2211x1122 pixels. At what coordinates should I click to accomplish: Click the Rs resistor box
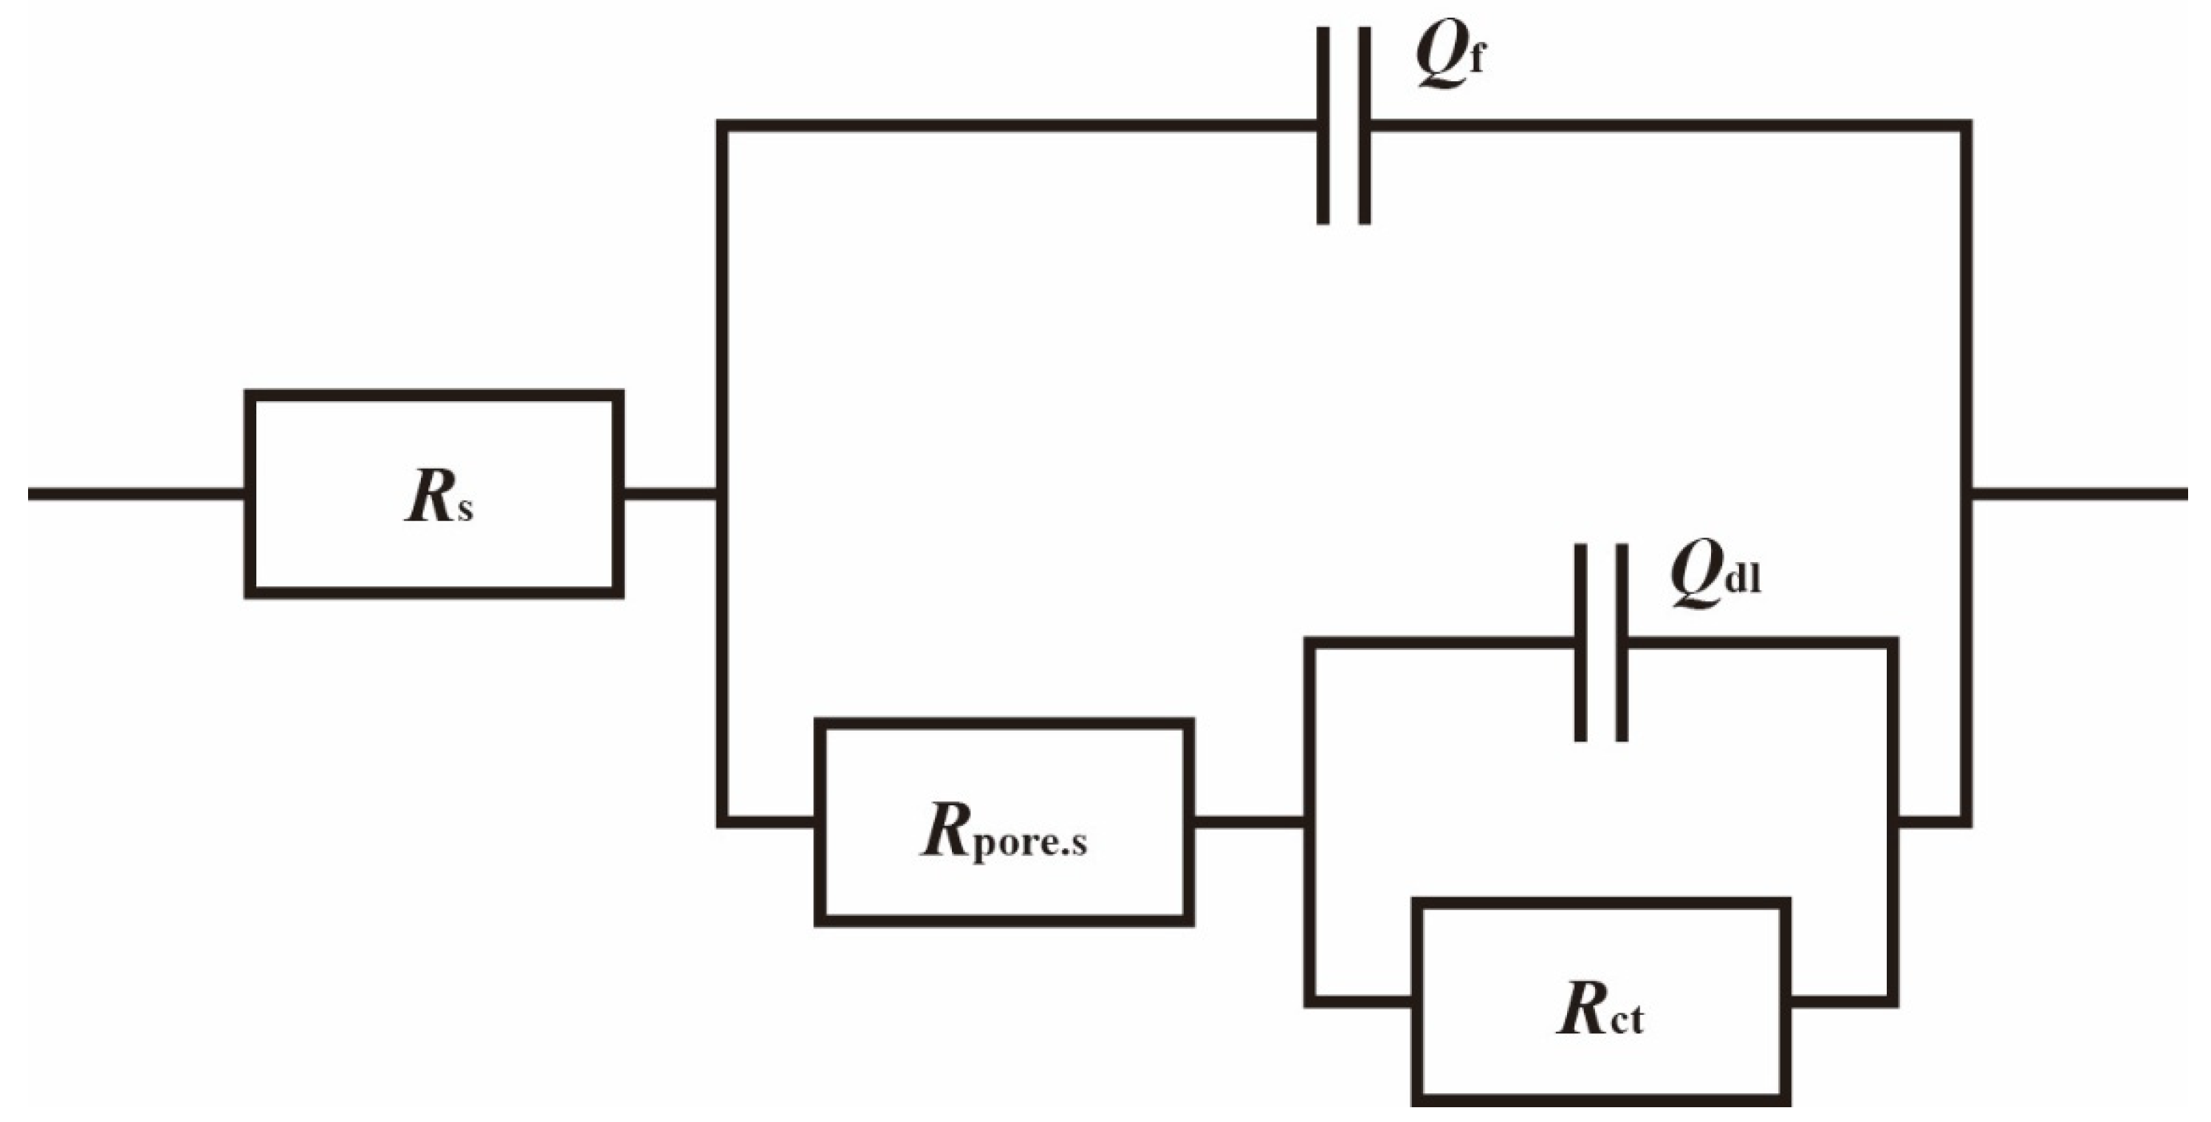click(433, 493)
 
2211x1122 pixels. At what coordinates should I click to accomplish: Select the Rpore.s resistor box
click(1004, 821)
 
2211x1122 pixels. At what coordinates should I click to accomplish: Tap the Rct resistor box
click(1601, 1000)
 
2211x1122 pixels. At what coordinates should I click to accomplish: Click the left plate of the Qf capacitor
click(1323, 126)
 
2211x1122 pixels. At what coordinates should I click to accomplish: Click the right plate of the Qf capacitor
click(1365, 126)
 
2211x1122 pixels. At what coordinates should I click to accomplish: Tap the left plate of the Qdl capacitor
click(1580, 642)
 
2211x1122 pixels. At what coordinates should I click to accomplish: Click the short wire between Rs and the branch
click(670, 493)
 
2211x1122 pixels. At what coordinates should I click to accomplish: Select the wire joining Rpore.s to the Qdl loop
click(1249, 821)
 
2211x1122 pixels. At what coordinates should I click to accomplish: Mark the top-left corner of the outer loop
click(724, 126)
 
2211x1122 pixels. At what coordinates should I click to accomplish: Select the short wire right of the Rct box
click(1841, 1000)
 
